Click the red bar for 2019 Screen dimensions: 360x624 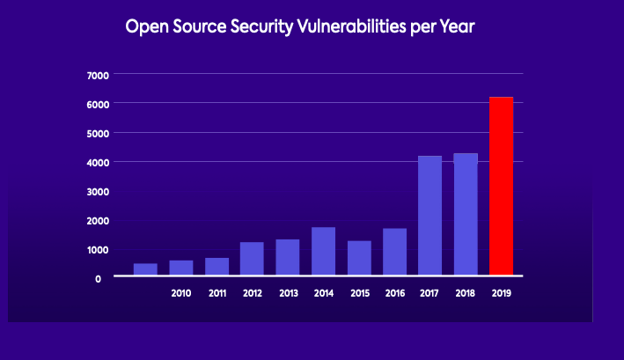[501, 186]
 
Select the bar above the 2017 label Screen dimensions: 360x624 [429, 215]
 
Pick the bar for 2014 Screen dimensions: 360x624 [323, 251]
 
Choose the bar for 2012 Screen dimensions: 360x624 [252, 258]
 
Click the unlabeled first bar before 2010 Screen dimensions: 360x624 [145, 268]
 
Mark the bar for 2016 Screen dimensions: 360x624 [394, 251]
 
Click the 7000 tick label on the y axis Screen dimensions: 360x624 [97, 76]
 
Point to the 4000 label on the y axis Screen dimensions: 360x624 [97, 163]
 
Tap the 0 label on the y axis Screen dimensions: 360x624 [99, 278]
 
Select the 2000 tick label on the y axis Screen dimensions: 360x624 [97, 221]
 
